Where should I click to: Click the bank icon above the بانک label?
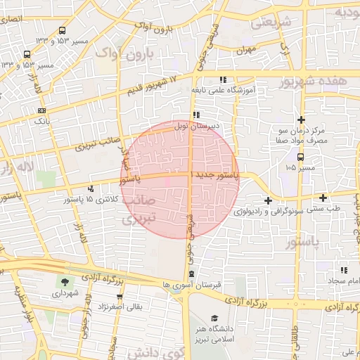click(43, 110)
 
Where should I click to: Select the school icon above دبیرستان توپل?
click(197, 115)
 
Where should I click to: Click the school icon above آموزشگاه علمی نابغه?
click(223, 80)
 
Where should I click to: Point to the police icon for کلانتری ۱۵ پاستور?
click(91, 188)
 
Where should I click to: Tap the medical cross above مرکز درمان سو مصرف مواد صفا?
click(301, 121)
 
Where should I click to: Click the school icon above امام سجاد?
click(344, 270)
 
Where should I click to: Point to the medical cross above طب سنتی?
click(323, 198)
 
